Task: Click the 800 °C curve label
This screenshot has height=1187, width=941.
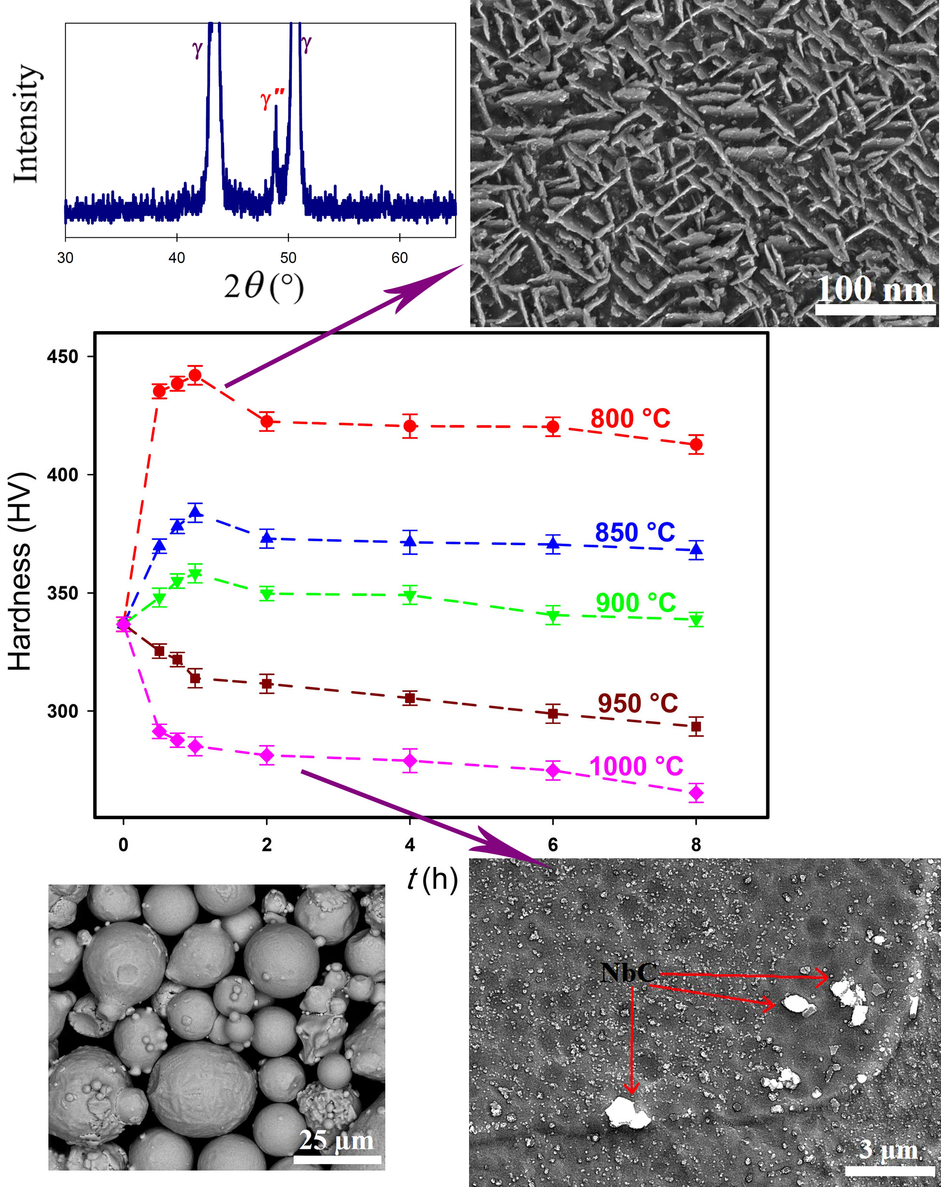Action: point(630,419)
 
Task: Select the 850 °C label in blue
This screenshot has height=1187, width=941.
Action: point(635,533)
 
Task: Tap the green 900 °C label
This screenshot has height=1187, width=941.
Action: point(636,603)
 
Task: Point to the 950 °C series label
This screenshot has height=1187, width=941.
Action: point(637,703)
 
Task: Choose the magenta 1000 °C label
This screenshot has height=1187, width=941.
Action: point(636,766)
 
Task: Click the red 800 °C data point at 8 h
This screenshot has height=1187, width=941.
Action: point(696,444)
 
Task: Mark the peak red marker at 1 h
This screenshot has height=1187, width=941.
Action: point(195,376)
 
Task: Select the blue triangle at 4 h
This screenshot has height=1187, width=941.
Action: point(410,541)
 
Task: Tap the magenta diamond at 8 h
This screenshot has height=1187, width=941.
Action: point(696,793)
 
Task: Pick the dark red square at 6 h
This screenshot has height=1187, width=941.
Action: point(553,714)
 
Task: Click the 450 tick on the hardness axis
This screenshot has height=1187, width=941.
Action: point(63,357)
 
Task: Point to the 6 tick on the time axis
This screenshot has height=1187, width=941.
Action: point(553,845)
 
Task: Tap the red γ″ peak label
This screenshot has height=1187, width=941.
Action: point(273,100)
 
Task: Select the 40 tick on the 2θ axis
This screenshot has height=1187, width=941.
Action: point(177,258)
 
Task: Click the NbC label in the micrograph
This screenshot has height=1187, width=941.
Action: point(629,973)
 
